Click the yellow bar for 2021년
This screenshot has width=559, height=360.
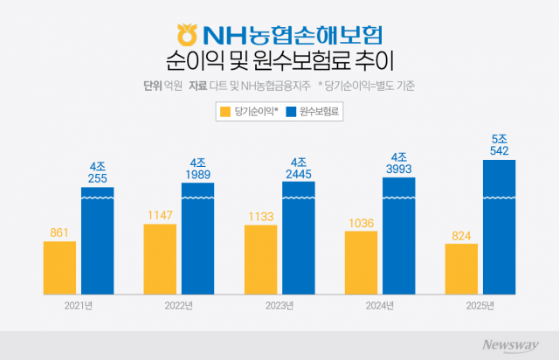click(59, 267)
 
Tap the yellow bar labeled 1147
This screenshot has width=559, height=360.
click(160, 259)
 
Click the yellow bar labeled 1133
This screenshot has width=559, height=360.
click(260, 260)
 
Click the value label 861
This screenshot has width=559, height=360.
click(59, 232)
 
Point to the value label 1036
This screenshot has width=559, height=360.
click(361, 223)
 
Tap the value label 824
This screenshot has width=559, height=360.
click(461, 235)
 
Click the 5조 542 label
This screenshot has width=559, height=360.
click(499, 144)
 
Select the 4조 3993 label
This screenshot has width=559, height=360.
click(398, 162)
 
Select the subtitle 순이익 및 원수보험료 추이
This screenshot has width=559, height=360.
click(279, 63)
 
